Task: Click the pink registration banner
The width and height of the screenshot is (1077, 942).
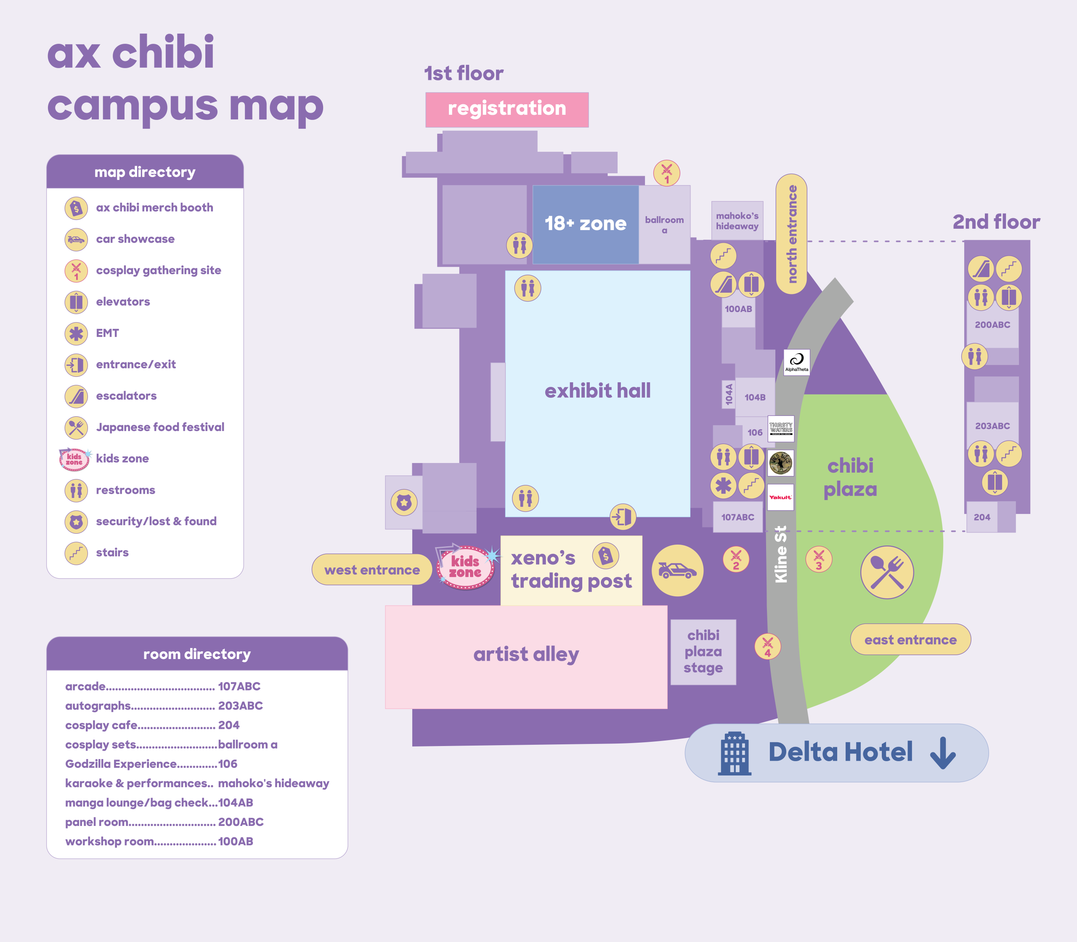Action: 507,109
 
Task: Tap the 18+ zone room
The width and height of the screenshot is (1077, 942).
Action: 585,224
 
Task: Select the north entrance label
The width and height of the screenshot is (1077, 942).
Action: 791,234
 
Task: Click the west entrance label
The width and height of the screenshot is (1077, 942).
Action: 372,570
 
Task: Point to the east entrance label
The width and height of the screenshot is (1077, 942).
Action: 910,640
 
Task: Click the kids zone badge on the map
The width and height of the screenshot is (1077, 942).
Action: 465,568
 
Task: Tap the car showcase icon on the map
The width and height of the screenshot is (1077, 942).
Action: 677,570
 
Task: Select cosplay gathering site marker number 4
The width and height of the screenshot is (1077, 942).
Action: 767,646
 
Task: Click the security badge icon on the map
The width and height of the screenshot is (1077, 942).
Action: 404,503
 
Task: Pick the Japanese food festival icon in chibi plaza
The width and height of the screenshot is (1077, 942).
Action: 887,572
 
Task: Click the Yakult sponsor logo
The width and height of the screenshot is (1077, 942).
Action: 780,497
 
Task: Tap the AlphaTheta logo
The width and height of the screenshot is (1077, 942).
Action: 796,362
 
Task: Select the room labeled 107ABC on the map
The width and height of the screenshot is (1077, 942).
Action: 737,517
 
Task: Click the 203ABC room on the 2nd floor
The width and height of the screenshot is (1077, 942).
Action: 992,426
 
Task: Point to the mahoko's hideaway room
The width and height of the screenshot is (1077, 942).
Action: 737,221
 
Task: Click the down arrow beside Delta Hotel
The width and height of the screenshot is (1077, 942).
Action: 942,753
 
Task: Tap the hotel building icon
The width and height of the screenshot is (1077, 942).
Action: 735,753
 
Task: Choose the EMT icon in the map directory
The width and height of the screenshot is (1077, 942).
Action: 76,333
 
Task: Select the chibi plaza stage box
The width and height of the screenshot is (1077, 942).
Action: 703,652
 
